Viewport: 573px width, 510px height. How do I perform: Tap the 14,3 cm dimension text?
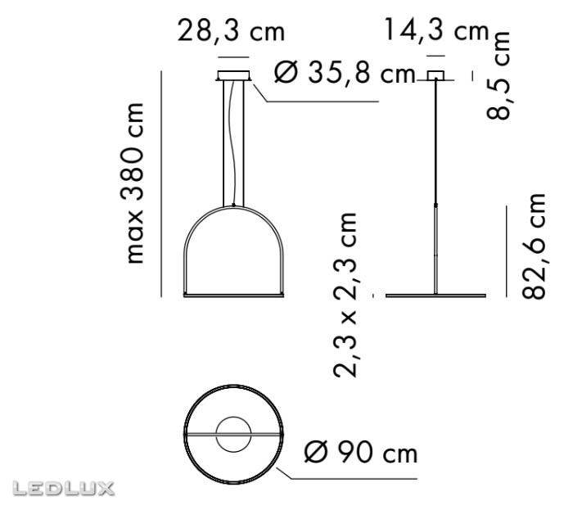[x=435, y=33]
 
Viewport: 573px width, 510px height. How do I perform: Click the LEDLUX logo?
[x=62, y=490]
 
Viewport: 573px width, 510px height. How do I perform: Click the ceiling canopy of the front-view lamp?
[x=233, y=76]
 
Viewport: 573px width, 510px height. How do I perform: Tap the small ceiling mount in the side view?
[x=435, y=76]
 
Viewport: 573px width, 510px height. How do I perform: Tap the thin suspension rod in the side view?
[x=435, y=147]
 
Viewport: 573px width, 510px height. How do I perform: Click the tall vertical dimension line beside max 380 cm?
[x=163, y=184]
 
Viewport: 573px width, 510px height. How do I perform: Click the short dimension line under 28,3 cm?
[x=234, y=56]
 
